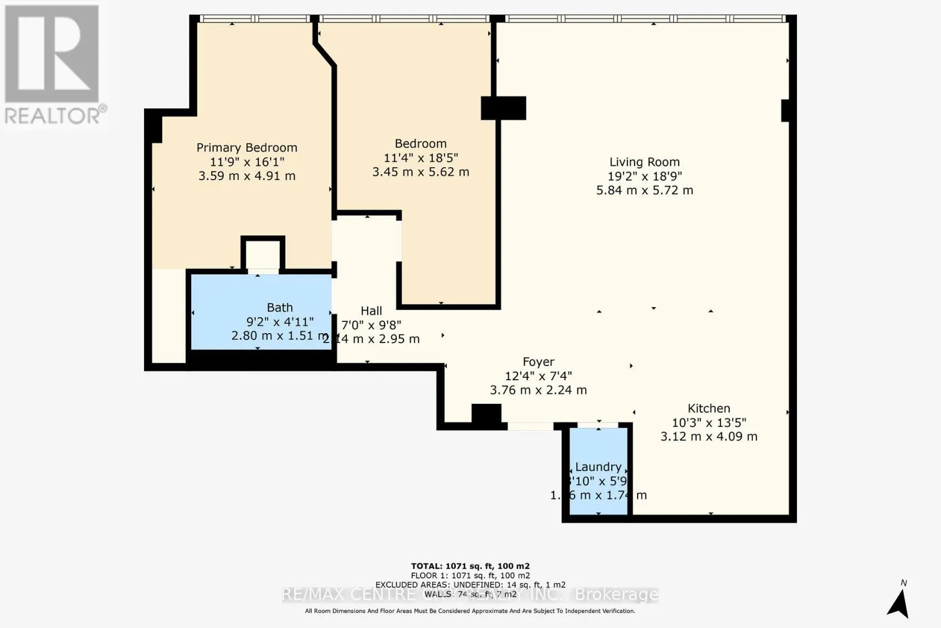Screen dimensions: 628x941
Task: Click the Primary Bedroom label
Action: (x=246, y=148)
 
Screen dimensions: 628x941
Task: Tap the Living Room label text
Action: (x=644, y=162)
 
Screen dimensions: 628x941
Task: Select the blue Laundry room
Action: (x=598, y=471)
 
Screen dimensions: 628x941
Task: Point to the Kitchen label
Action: (x=709, y=408)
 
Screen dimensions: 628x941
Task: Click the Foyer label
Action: (x=538, y=362)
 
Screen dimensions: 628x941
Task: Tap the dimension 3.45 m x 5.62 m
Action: (x=421, y=172)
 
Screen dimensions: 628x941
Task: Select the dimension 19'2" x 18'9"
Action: (x=645, y=176)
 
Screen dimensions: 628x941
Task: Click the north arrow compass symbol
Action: (x=899, y=602)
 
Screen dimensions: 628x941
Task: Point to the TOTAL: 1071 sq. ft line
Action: (x=470, y=566)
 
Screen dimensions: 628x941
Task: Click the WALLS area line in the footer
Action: (x=470, y=594)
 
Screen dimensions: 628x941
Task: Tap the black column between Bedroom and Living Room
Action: (x=503, y=108)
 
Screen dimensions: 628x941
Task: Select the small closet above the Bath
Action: (x=263, y=255)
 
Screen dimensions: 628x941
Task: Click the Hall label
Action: (x=371, y=311)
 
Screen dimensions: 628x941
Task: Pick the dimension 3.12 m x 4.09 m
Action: (x=709, y=437)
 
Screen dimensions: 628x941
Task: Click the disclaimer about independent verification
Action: (x=470, y=611)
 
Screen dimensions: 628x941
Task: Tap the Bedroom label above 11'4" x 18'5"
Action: (x=421, y=144)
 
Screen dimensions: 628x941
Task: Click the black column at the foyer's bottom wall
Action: (x=486, y=414)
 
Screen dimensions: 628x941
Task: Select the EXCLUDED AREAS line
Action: (x=470, y=585)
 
